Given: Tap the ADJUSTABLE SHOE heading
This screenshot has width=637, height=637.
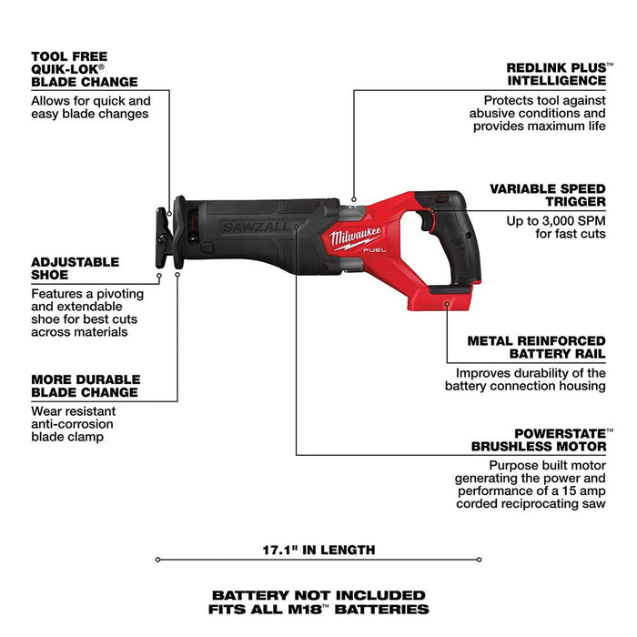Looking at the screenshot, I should (x=75, y=268).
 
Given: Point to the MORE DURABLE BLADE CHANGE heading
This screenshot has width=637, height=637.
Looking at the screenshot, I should (x=86, y=386).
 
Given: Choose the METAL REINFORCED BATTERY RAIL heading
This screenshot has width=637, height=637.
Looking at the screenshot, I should (x=536, y=347).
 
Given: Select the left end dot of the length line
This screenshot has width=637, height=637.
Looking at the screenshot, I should (x=157, y=559).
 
